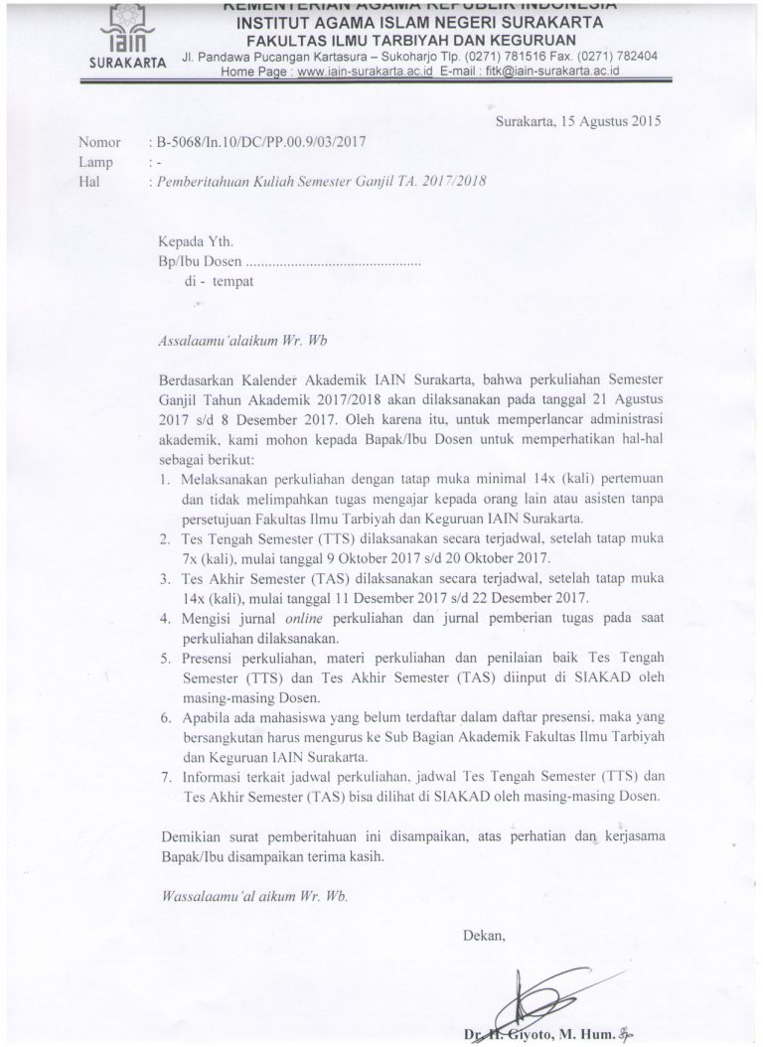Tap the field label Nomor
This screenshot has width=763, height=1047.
click(x=99, y=141)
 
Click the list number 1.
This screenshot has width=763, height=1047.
click(x=164, y=480)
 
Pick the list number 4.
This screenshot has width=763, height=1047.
click(x=165, y=618)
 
